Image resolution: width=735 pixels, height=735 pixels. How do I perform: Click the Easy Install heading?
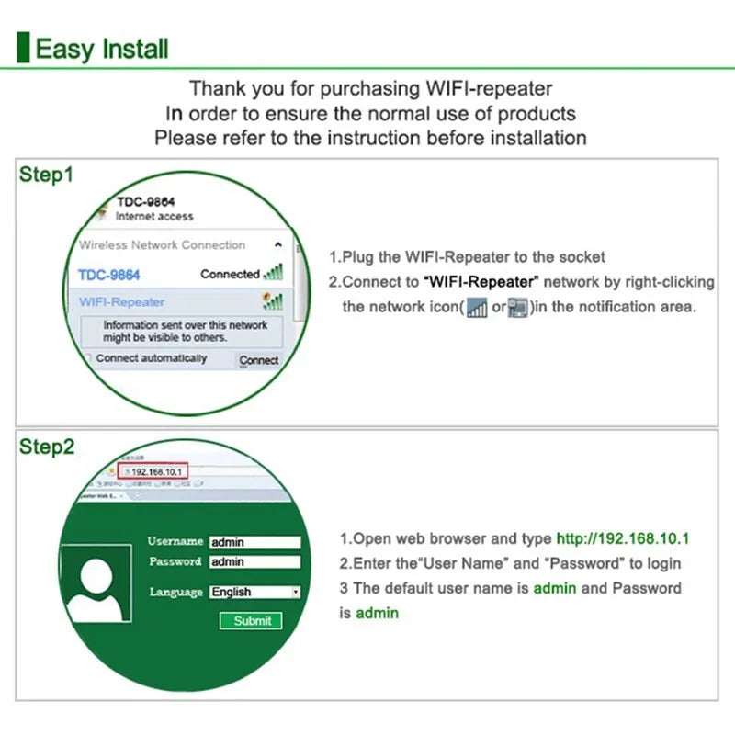[101, 47]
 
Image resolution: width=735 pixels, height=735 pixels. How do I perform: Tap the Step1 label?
[46, 175]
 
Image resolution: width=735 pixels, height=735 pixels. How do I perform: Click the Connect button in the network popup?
[258, 360]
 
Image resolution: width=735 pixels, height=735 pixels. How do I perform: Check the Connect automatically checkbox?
[87, 358]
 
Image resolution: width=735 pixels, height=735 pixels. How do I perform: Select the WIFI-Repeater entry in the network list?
[122, 301]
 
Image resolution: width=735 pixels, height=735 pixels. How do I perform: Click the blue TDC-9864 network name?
[109, 275]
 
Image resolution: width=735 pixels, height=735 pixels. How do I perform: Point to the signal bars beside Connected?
[273, 273]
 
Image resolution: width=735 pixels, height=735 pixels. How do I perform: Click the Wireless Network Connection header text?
[163, 245]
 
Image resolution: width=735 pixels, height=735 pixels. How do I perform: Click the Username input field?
[254, 542]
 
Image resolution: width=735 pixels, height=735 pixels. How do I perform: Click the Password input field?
[254, 561]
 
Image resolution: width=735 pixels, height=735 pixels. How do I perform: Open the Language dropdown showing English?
[254, 593]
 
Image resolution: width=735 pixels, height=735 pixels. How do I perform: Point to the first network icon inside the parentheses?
[476, 309]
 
